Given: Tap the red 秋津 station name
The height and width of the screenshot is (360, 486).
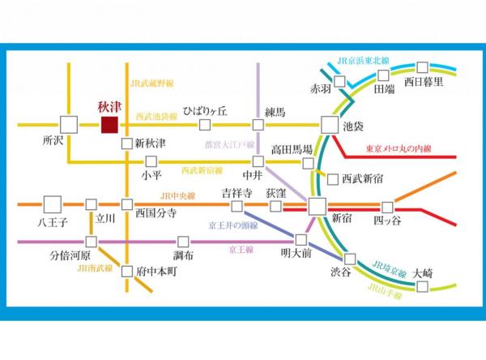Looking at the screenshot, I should pyautogui.click(x=108, y=106).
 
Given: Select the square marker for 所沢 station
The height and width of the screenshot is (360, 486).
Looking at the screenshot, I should pyautogui.click(x=68, y=125).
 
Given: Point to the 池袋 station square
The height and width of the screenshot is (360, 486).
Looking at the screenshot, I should pyautogui.click(x=329, y=125).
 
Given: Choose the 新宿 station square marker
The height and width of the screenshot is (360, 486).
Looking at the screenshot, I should pyautogui.click(x=317, y=206).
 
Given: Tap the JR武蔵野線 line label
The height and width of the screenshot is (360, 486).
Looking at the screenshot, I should pyautogui.click(x=152, y=83).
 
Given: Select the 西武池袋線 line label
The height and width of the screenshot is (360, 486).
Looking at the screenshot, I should pyautogui.click(x=156, y=117).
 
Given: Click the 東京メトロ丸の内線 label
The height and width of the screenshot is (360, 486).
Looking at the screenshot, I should pyautogui.click(x=399, y=149).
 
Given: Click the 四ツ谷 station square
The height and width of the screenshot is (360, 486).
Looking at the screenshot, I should pyautogui.click(x=388, y=206).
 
